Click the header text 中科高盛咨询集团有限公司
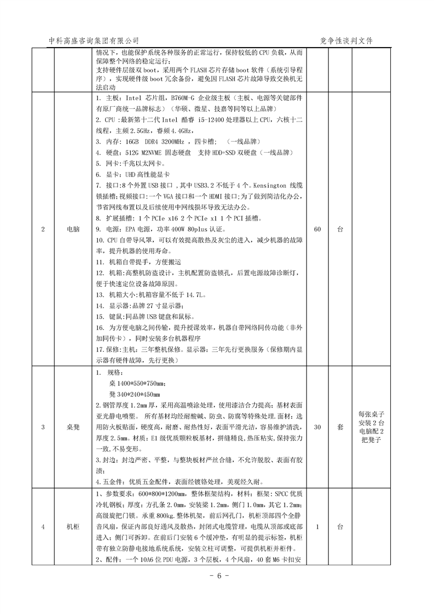coord(94,41)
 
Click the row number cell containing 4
coord(43,527)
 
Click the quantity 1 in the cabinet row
coord(317,527)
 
